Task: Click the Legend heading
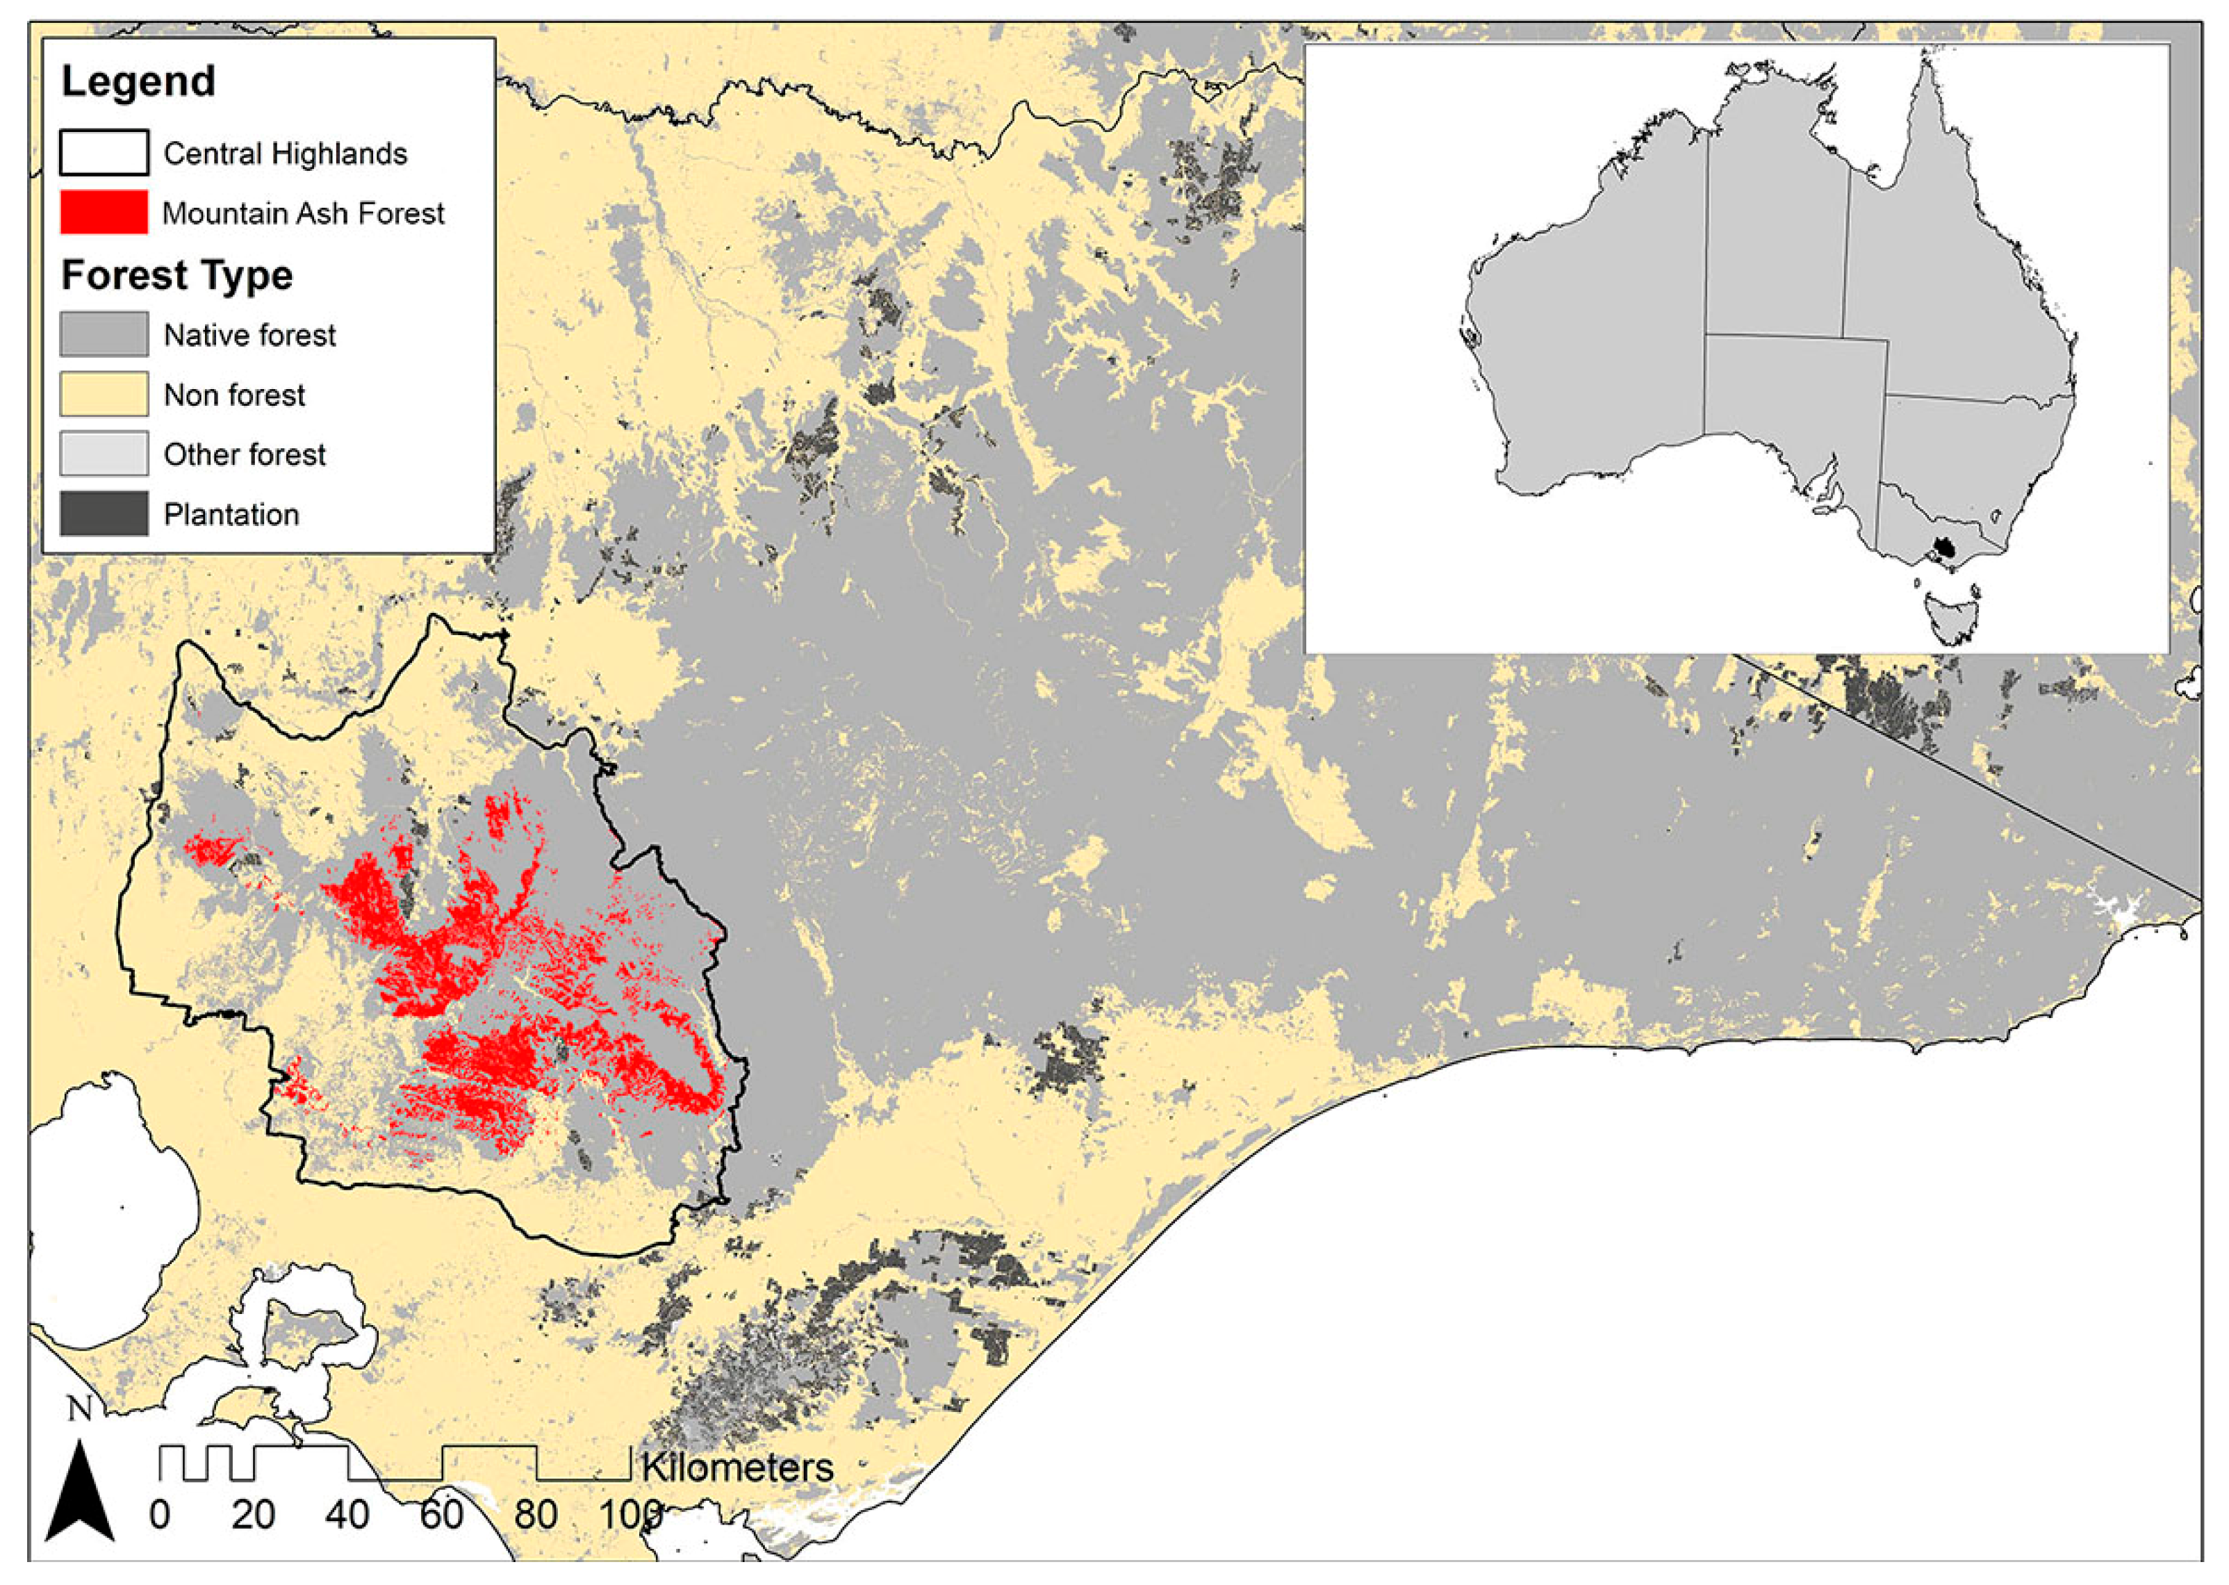coord(138,81)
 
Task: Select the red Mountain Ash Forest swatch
coord(104,212)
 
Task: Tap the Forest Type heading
coord(176,275)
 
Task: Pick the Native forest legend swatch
coord(104,334)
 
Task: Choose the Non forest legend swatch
coord(104,394)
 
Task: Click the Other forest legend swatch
coord(104,454)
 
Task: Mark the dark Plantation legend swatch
coord(104,514)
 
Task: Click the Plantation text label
coord(231,514)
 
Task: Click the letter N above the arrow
coord(80,1409)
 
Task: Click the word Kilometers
coord(737,1467)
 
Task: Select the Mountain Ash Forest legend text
coord(302,213)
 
